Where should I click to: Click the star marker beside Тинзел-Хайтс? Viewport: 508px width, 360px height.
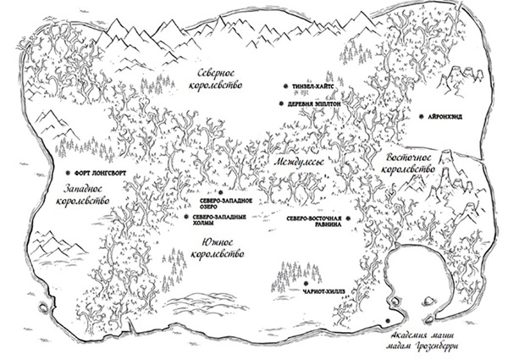pos(286,86)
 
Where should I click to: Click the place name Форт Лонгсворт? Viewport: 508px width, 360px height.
pos(99,168)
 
